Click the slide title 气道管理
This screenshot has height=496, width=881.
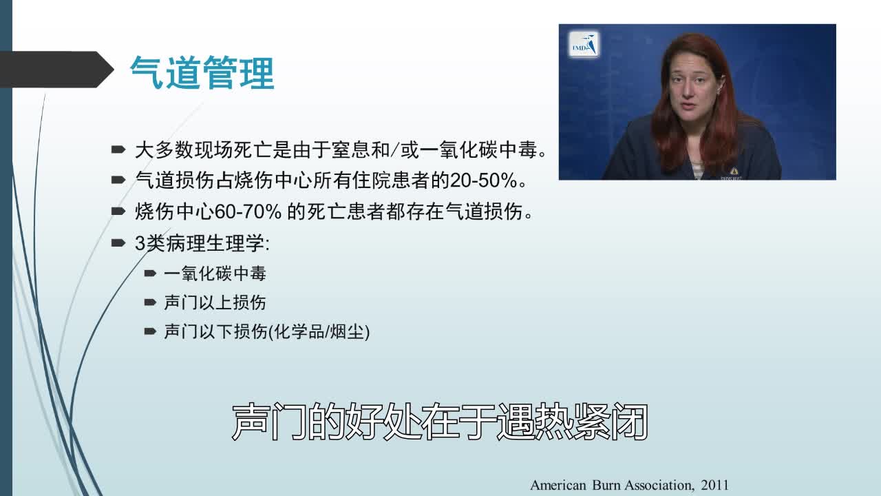click(202, 74)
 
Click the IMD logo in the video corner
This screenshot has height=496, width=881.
click(584, 45)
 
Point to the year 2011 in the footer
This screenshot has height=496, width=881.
click(714, 486)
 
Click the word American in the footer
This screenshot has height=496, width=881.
click(558, 486)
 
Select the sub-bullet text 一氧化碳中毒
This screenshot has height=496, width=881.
click(215, 273)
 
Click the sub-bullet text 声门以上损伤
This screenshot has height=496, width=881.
click(215, 302)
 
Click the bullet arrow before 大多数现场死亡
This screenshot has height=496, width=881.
click(118, 149)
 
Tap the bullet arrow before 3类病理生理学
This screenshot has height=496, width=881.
click(118, 243)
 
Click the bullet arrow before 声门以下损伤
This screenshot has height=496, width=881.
click(150, 332)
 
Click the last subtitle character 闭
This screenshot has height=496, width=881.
click(629, 421)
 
